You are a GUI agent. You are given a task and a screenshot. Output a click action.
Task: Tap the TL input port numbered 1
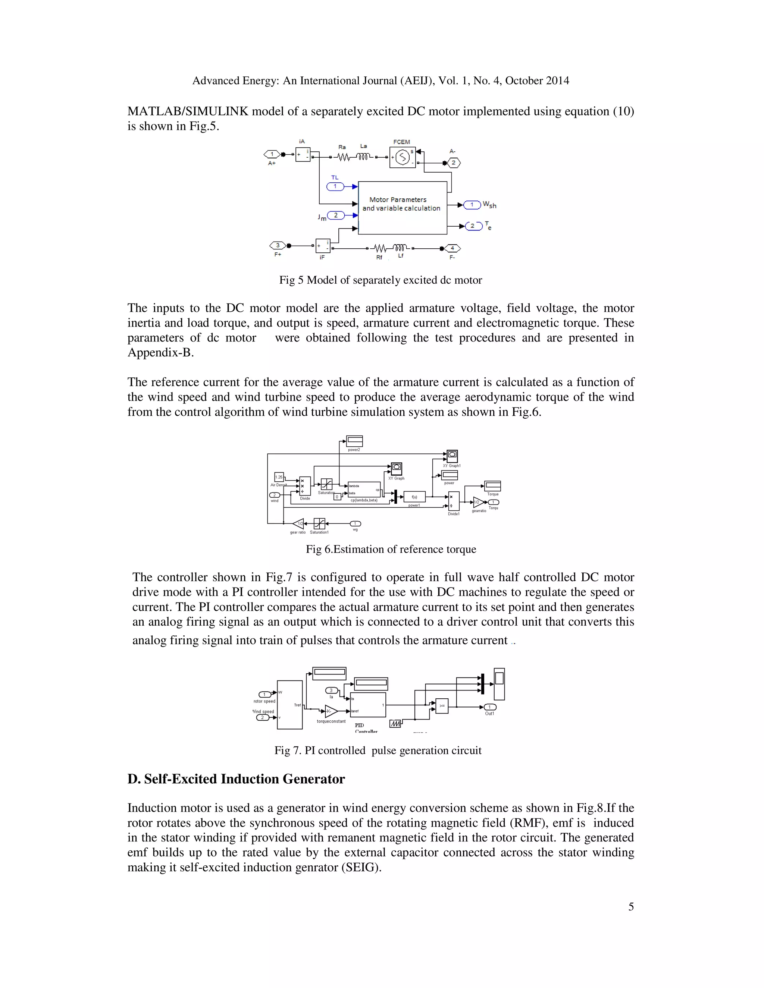point(335,186)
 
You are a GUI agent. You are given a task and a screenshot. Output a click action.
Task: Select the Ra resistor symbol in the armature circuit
point(344,157)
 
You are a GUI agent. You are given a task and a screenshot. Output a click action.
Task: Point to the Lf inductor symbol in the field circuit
point(400,248)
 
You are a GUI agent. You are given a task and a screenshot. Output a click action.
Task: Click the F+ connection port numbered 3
point(278,246)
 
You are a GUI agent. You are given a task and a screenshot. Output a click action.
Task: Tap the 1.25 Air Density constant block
point(279,477)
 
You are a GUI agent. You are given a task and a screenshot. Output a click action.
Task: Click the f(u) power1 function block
point(414,497)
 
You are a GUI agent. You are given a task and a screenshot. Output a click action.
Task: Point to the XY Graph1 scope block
point(452,456)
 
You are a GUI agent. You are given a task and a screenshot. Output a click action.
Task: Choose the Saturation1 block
point(319,523)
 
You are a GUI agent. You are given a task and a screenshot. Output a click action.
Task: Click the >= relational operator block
point(442,706)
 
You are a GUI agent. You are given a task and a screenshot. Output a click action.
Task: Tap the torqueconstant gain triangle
point(331,711)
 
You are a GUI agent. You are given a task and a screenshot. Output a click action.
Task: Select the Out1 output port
point(490,707)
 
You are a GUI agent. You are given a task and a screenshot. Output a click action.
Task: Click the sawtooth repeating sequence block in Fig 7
point(395,724)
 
